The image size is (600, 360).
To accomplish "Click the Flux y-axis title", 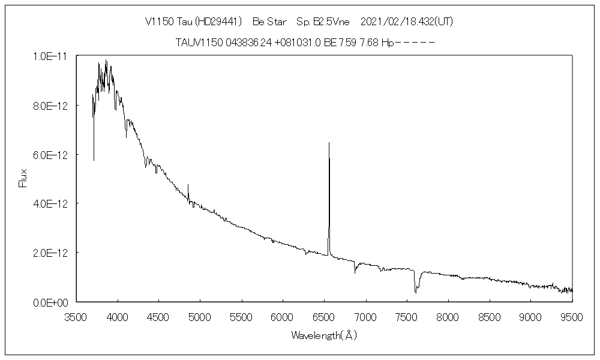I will [23, 178].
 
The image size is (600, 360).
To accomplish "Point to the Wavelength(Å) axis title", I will [324, 335].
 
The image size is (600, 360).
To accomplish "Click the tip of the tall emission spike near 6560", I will [329, 143].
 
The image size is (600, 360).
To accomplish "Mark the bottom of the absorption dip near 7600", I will [415, 292].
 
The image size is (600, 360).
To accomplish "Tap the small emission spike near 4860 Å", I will [188, 185].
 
